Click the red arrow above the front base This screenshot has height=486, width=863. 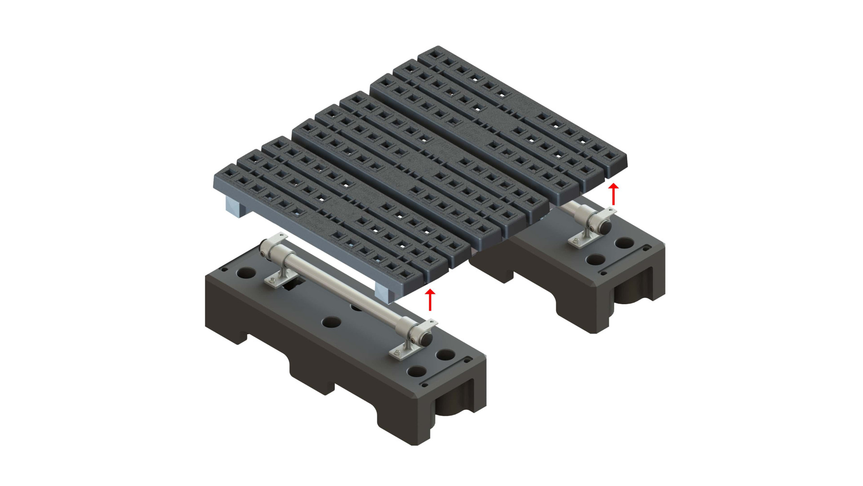click(430, 299)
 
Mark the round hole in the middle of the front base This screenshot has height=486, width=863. click(329, 321)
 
